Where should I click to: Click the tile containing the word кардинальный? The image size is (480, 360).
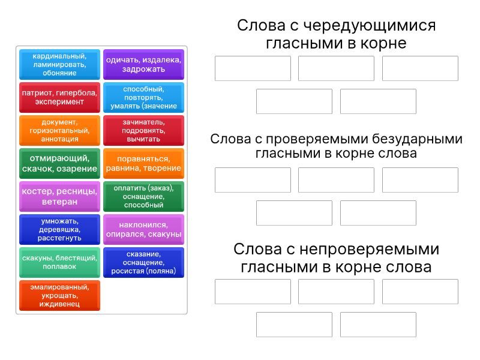[59, 64]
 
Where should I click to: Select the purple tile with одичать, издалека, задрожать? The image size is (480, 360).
[143, 64]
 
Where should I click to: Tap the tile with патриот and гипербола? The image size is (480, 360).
[59, 97]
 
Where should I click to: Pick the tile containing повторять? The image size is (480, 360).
[143, 97]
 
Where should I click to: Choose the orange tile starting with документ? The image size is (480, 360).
[59, 130]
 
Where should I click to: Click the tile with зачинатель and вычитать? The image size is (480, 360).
[143, 130]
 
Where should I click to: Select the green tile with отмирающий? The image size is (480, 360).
[59, 163]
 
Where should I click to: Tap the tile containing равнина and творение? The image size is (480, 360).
[143, 163]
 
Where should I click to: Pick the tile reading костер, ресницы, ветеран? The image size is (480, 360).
[59, 196]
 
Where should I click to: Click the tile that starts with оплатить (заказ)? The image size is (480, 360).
[143, 196]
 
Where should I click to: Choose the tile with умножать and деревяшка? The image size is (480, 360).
[59, 229]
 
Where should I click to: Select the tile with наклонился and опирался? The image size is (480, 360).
[143, 229]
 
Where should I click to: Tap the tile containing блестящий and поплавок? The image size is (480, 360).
[59, 262]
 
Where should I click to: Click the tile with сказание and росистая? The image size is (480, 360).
[143, 262]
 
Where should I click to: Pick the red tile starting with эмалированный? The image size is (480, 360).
[59, 295]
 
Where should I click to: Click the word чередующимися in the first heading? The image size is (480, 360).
[370, 26]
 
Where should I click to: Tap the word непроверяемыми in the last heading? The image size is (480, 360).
[370, 249]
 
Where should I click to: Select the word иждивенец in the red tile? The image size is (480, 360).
[59, 304]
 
